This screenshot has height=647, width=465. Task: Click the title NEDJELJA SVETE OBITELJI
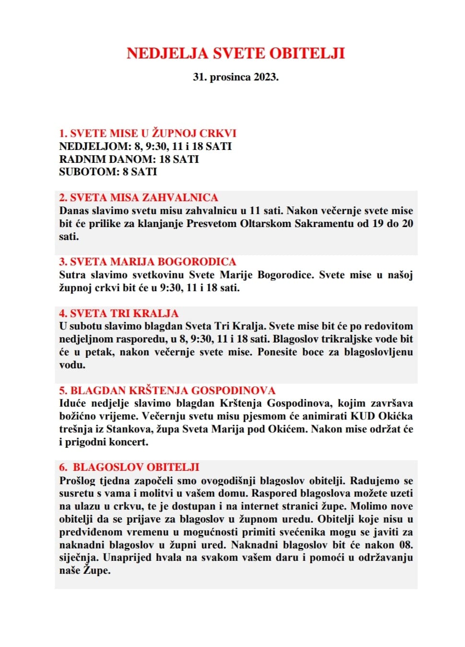click(x=235, y=53)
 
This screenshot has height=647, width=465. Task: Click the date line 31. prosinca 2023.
click(x=235, y=77)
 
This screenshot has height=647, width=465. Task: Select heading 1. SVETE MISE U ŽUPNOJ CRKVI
click(x=148, y=133)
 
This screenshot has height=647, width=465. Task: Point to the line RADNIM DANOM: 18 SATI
click(x=128, y=159)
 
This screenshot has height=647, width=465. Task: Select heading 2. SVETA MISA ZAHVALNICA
click(x=138, y=197)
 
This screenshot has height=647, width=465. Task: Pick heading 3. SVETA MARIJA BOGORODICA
click(x=148, y=261)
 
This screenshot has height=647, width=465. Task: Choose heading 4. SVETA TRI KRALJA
click(x=118, y=313)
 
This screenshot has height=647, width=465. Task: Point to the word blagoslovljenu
click(x=378, y=352)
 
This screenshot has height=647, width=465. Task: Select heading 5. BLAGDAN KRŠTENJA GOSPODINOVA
click(x=167, y=390)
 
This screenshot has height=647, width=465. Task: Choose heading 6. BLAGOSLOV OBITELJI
click(x=129, y=467)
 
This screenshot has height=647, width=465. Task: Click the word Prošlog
click(x=77, y=480)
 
